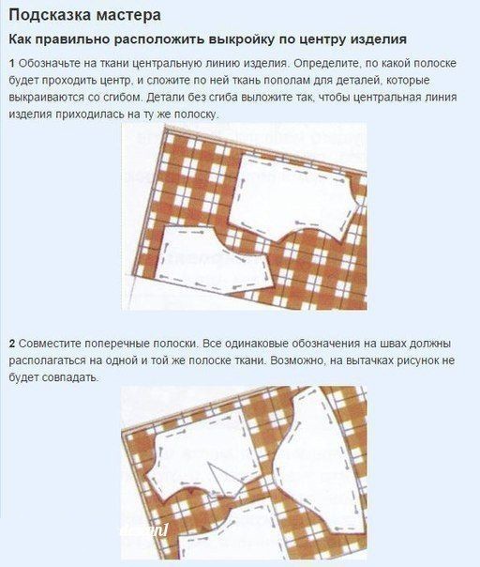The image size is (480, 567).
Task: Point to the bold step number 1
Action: [x=11, y=63]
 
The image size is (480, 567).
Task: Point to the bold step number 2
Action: [x=11, y=344]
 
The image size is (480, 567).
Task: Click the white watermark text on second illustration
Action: [x=145, y=532]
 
